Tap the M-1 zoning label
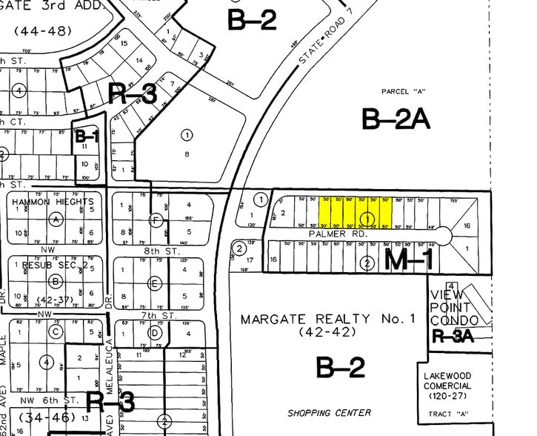(410, 259)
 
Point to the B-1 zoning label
(87, 136)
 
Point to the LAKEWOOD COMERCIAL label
(447, 381)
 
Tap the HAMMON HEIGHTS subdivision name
(52, 202)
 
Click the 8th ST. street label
(163, 252)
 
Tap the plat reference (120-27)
(447, 397)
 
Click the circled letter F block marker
(156, 219)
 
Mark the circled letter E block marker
(155, 283)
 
